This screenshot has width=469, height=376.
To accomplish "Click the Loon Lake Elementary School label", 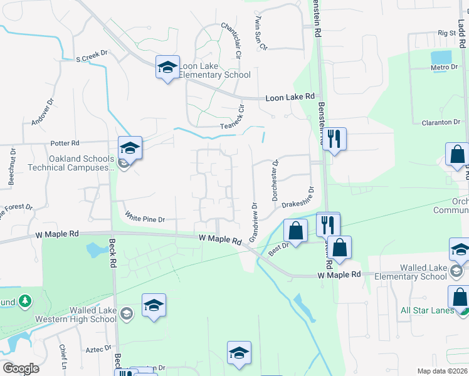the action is point(214,70).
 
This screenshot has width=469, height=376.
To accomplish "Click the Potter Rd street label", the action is point(65,144).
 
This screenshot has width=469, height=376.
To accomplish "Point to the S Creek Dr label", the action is point(92,58).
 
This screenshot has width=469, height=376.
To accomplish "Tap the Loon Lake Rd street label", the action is point(290,97).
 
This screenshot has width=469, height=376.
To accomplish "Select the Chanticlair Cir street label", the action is point(230,41).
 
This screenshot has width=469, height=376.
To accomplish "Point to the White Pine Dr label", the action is point(144,219).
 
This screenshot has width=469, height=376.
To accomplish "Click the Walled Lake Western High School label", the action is point(83,315).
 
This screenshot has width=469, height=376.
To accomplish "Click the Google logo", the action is point(21,368).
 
